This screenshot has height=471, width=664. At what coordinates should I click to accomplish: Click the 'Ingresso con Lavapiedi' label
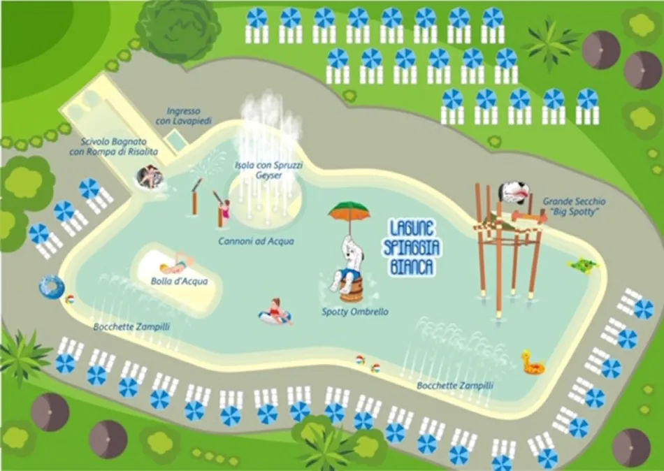(x=184, y=116)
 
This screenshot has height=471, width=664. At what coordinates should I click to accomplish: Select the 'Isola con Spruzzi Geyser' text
(x=259, y=170)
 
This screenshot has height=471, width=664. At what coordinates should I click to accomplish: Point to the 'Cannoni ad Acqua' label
(x=256, y=241)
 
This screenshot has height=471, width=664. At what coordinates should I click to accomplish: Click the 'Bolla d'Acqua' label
(x=170, y=282)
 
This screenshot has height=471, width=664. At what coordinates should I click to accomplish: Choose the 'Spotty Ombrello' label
(x=354, y=312)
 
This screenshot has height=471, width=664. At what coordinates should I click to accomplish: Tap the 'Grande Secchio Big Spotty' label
(x=574, y=206)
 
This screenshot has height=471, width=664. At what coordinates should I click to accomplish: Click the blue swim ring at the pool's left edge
(x=51, y=286)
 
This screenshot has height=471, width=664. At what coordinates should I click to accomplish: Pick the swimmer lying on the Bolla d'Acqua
(x=175, y=264)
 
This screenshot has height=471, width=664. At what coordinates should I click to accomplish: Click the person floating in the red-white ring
(x=275, y=312)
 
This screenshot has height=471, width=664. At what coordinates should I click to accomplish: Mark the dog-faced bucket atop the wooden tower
(x=512, y=193)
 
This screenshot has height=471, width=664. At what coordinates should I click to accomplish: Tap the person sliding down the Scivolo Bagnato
(x=148, y=177)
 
